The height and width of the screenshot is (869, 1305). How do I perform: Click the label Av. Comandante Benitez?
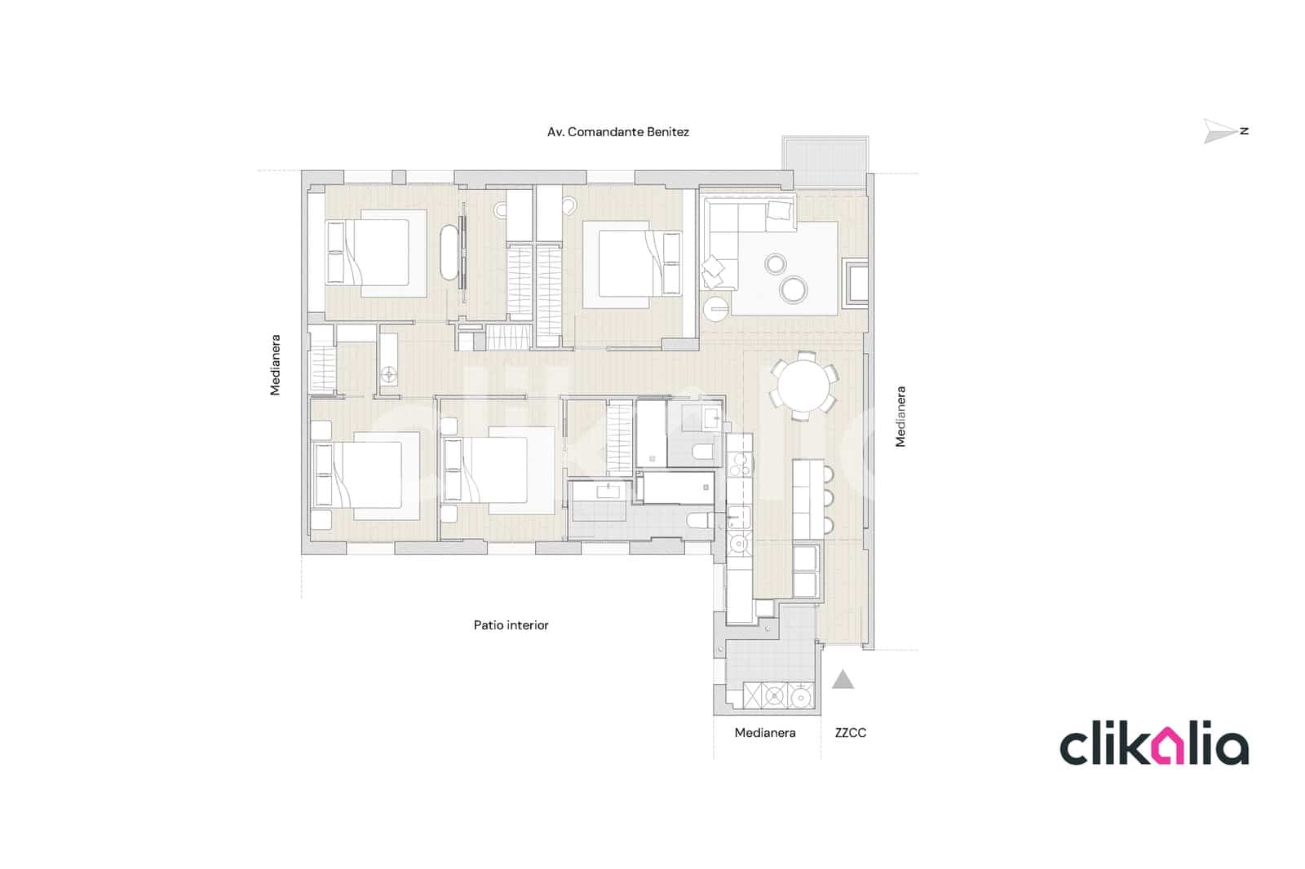pos(617,132)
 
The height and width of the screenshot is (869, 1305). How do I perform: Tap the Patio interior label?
pos(511,625)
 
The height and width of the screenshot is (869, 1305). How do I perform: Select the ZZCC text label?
pos(850,733)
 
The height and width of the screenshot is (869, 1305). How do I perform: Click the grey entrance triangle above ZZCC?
pos(843,680)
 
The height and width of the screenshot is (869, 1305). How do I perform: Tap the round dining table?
pos(802,386)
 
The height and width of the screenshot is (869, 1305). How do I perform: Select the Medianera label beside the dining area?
pos(900,417)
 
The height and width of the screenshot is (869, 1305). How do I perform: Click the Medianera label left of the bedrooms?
pos(276,364)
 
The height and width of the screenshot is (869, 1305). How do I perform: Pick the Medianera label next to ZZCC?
pos(764,733)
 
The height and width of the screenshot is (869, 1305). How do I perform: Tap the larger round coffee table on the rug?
pos(793,289)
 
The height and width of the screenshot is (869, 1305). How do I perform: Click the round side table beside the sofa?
pos(716,309)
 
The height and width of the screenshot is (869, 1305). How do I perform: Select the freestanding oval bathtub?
pos(449,253)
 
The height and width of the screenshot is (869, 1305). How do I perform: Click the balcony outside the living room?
pos(826,161)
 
